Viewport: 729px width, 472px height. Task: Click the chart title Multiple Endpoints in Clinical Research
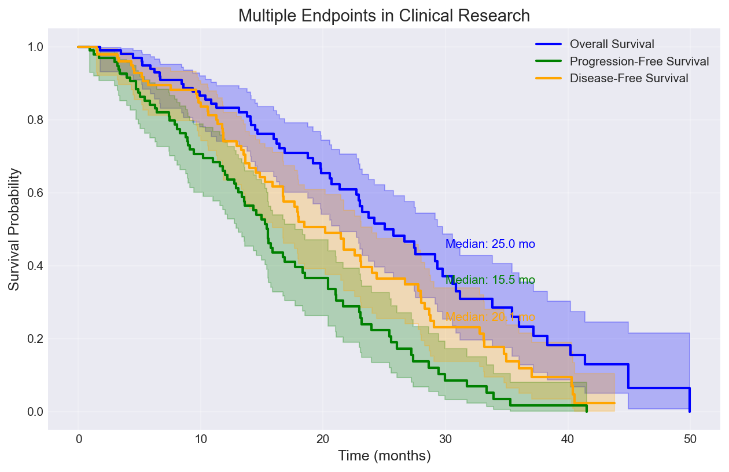click(x=384, y=16)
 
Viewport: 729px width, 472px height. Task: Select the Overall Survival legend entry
click(x=612, y=43)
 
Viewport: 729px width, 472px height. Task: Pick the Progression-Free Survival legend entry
click(x=639, y=61)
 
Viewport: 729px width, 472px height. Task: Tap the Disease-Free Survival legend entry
click(x=628, y=78)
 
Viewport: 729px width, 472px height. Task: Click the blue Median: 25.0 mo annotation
click(x=490, y=244)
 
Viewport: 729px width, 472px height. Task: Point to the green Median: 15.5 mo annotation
click(x=490, y=280)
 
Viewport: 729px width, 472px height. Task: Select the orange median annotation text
click(x=490, y=317)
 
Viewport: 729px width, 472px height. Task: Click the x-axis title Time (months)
click(x=384, y=456)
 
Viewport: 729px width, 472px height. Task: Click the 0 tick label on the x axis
click(x=78, y=438)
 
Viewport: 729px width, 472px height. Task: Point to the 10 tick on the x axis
click(x=200, y=438)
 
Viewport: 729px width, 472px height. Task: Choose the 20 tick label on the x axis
click(x=323, y=438)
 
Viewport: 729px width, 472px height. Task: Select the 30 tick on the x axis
click(x=445, y=438)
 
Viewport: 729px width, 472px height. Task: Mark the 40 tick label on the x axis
click(x=568, y=438)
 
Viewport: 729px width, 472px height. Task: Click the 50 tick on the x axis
click(x=690, y=438)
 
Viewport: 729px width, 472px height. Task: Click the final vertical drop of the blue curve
click(x=690, y=400)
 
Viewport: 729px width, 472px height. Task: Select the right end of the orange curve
click(x=614, y=403)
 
